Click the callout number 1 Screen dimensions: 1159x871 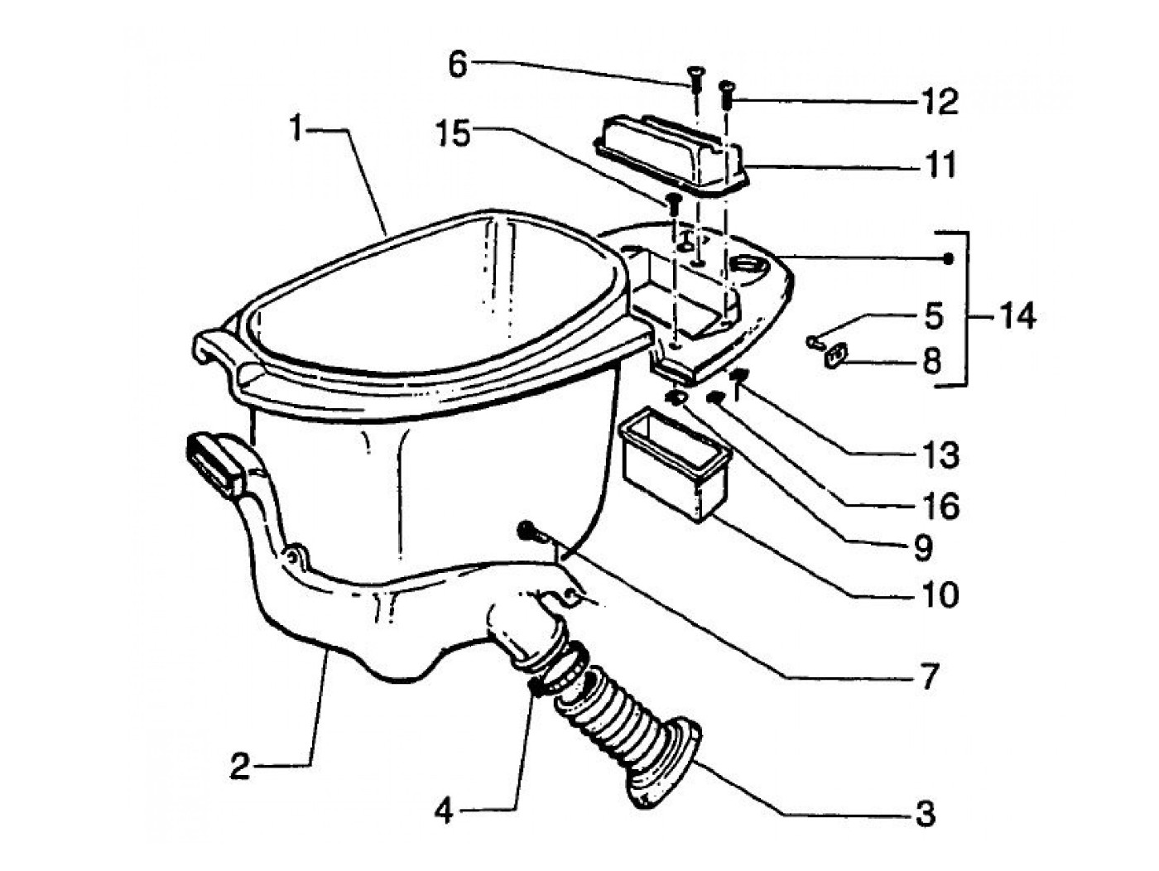coord(297,130)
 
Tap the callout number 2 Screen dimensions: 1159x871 coord(240,768)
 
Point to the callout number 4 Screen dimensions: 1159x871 coord(444,811)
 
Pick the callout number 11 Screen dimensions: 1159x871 coord(938,165)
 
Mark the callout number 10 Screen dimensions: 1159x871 coord(938,595)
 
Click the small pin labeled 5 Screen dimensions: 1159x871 coord(815,342)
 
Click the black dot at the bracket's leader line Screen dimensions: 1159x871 coord(949,258)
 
